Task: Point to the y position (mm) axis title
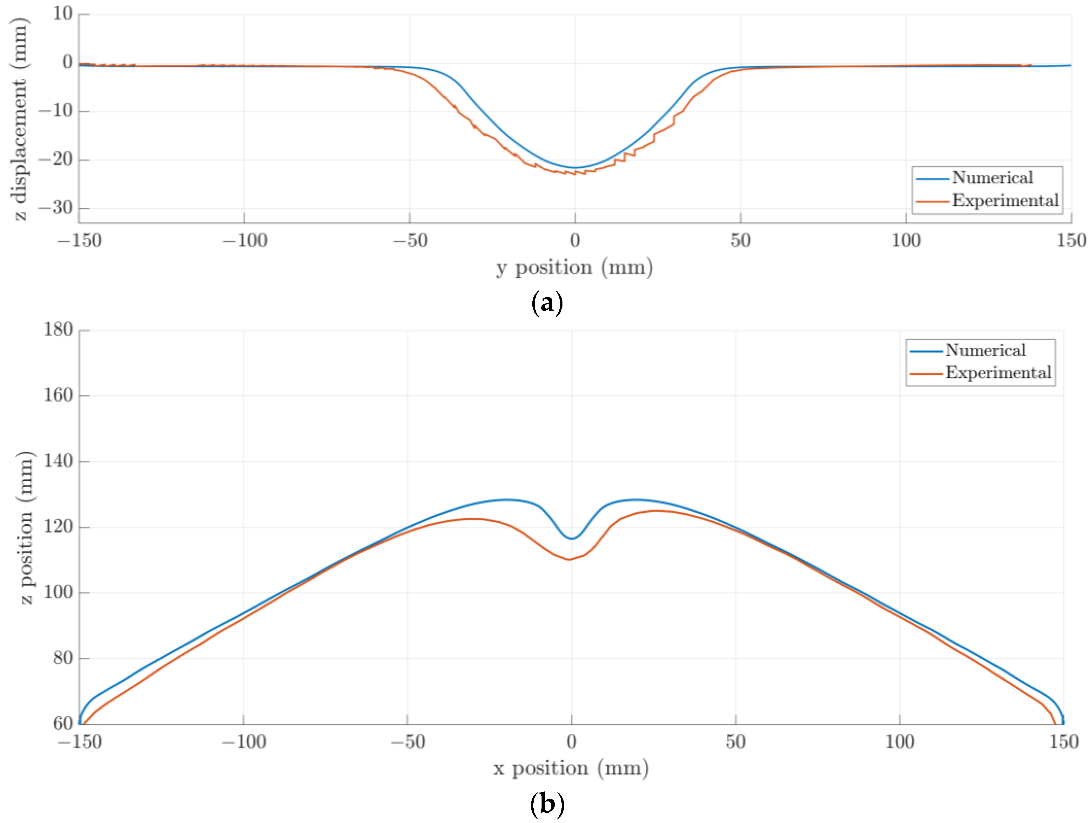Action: pos(574,267)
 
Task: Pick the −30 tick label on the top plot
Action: pos(56,208)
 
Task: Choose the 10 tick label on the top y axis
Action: pos(63,14)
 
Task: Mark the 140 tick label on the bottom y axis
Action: pos(58,461)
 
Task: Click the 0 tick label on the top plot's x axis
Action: pos(574,241)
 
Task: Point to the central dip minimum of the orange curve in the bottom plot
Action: pos(570,560)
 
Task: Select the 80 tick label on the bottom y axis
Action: pos(63,658)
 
